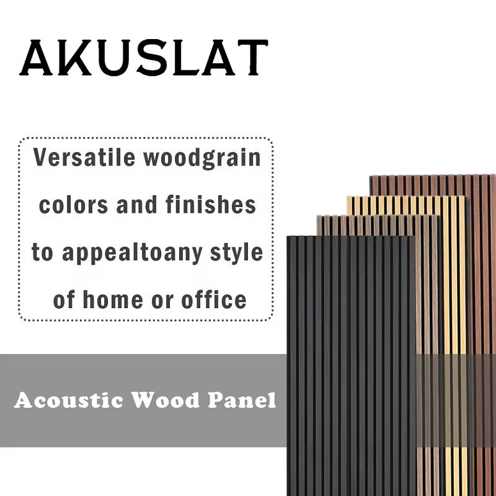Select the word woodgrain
202,159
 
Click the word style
236,253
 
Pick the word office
214,301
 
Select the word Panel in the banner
242,400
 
